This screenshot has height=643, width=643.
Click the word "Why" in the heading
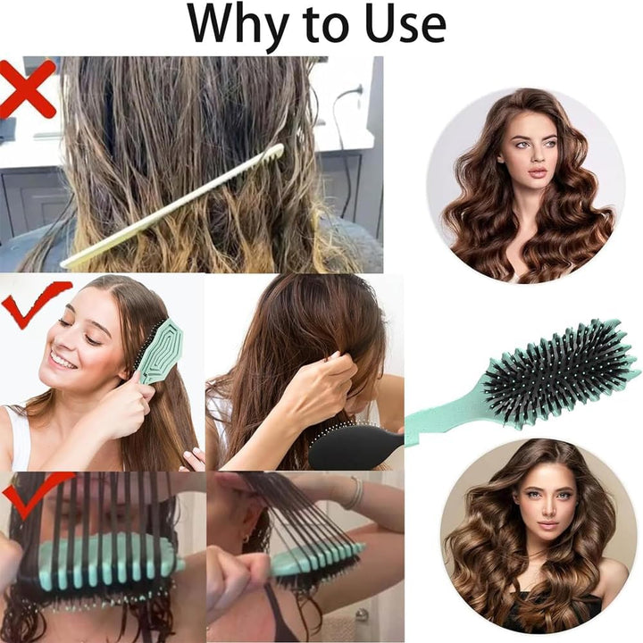tap(239, 25)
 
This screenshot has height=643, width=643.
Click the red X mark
tap(27, 88)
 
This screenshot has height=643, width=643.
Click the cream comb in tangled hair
tap(172, 206)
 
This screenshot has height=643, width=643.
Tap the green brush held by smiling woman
tap(160, 351)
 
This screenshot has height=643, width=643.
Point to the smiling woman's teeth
tap(63, 361)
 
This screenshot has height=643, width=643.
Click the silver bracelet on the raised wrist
tap(356, 492)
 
